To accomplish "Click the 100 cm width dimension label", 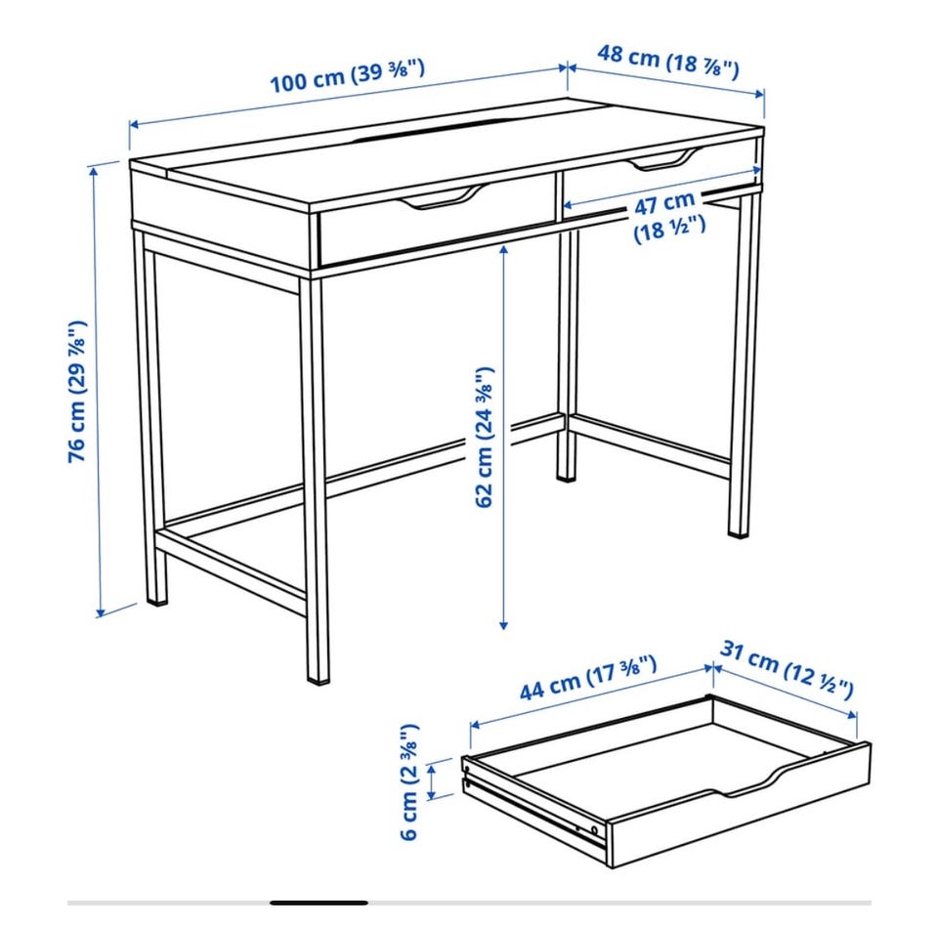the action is (x=347, y=75).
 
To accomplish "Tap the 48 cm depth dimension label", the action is (x=668, y=61).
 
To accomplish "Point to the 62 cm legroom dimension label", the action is (x=484, y=438).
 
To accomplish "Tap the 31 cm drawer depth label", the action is (x=786, y=669).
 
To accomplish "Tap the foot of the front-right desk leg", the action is (x=318, y=676).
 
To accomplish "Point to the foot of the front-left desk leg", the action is (x=157, y=597).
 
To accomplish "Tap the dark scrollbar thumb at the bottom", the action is (x=319, y=903).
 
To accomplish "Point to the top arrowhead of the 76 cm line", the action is (x=94, y=171).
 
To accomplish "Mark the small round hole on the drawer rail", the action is (x=593, y=829).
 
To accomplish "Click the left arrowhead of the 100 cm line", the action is (x=135, y=125).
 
